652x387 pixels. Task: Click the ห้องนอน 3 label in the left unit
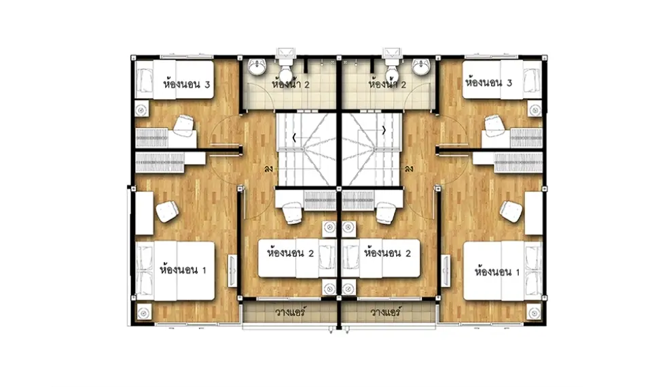(186, 84)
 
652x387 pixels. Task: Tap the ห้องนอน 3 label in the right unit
(488, 82)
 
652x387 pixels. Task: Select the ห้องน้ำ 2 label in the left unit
(291, 84)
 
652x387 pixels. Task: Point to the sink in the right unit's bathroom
(421, 67)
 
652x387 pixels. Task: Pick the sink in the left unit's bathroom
(257, 67)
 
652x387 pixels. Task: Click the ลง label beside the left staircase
(268, 169)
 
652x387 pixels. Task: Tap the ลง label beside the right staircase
(409, 169)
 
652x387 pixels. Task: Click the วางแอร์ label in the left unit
(290, 312)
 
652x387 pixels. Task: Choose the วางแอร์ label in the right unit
(386, 312)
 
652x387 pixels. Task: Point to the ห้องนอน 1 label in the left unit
(183, 269)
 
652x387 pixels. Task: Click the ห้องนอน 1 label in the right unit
(497, 271)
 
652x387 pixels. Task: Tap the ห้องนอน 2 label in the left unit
(290, 252)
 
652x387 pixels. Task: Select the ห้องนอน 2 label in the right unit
(387, 252)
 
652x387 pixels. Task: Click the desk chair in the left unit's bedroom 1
(167, 212)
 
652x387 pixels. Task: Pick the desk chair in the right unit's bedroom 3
(494, 126)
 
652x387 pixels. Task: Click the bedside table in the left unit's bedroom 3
(141, 110)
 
